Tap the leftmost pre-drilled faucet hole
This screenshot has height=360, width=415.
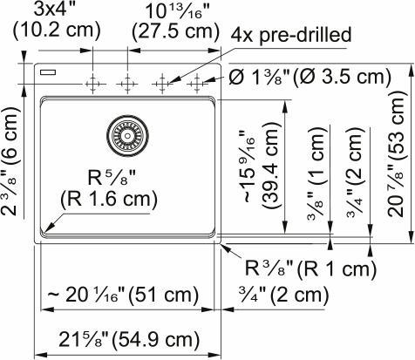[x=92, y=84]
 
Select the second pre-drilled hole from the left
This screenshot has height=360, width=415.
[x=127, y=84]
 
